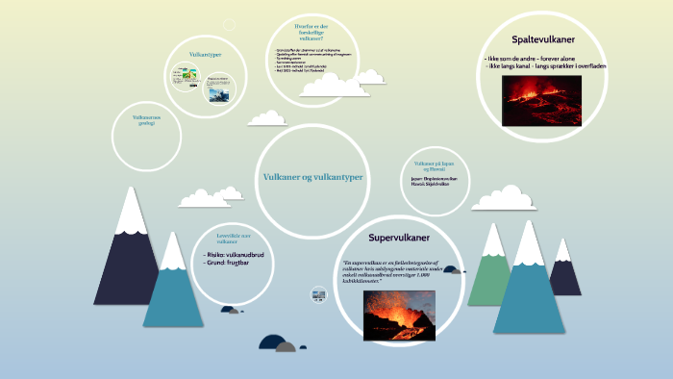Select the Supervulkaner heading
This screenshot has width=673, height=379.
(x=399, y=237)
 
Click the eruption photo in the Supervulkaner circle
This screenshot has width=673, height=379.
(x=398, y=315)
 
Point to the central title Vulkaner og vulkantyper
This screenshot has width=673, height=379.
(x=313, y=177)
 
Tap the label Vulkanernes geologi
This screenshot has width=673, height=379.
(x=146, y=120)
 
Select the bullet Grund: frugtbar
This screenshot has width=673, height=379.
(x=230, y=262)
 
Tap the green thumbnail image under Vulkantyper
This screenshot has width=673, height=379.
(x=186, y=78)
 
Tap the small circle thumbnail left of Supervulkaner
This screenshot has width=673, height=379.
(x=318, y=294)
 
